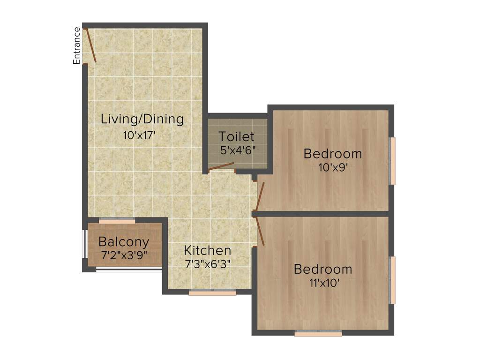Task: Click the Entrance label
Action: (77, 45)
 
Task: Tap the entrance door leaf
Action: (90, 45)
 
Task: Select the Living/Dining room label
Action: (142, 119)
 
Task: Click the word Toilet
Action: (237, 137)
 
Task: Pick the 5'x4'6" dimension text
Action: (238, 151)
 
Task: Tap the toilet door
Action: (221, 167)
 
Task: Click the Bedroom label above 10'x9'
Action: (332, 153)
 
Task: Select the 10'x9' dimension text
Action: (332, 167)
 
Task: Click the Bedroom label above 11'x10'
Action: (323, 270)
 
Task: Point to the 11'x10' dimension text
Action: (323, 283)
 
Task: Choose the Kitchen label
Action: (207, 250)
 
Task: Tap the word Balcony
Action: (124, 242)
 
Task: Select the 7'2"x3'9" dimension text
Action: (124, 256)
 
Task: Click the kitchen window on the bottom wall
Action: (212, 293)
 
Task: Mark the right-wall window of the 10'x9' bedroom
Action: (393, 161)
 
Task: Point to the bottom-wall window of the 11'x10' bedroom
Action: (318, 334)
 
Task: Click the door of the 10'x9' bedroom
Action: (261, 196)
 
